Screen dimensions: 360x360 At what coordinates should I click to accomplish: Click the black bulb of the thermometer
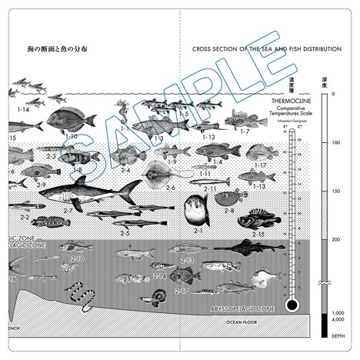290,305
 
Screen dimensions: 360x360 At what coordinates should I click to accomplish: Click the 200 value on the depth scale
336,240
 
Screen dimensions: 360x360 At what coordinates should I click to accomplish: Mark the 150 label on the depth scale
336,191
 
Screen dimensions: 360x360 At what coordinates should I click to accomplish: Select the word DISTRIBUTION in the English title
319,48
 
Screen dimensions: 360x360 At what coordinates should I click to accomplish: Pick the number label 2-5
125,232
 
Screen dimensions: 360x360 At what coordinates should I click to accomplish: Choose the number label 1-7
245,132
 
